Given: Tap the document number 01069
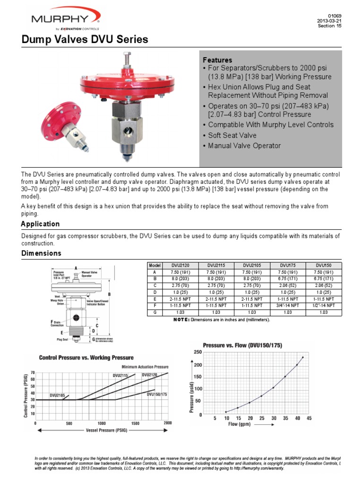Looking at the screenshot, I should click(334, 16).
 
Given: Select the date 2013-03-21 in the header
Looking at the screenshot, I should click(329, 21).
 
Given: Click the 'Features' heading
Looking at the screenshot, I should click(217, 60).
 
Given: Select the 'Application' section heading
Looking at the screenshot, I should click(41, 224).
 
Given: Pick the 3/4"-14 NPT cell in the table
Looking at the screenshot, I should click(288, 305).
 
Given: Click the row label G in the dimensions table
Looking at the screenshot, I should click(155, 312).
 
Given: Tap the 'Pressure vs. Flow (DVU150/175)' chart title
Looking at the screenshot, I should click(242, 345).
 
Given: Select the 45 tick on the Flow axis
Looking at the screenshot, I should click(309, 418).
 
